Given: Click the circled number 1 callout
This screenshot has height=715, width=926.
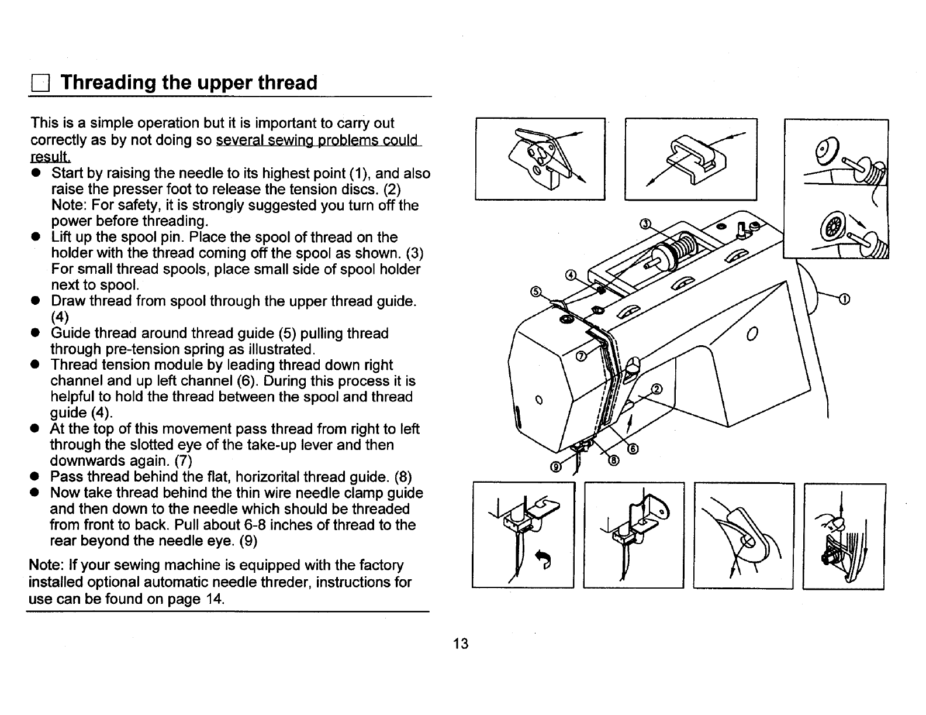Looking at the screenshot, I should [x=844, y=300].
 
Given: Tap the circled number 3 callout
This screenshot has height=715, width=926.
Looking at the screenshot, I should [x=645, y=224].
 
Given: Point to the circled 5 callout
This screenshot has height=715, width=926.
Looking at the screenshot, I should [x=534, y=291].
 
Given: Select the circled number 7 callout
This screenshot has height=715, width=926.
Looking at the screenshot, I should [x=582, y=356].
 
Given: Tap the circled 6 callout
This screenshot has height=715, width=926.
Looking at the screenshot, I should [x=633, y=449].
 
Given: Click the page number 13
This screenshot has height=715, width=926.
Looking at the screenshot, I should [x=461, y=644].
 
